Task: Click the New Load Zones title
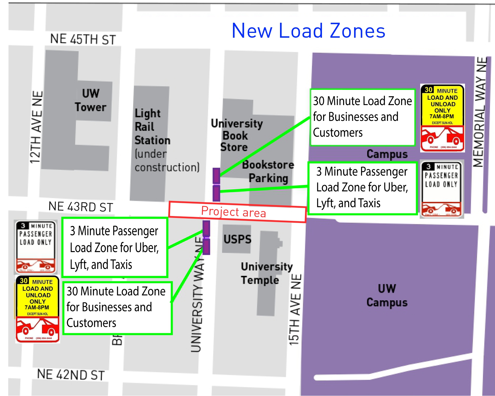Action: [308, 31]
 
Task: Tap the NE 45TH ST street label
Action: [83, 39]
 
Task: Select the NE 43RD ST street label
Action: [81, 207]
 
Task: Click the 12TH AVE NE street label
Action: [36, 127]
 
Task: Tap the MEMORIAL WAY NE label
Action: [480, 112]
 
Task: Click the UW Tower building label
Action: [91, 100]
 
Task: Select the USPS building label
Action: [237, 239]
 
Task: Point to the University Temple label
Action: [266, 273]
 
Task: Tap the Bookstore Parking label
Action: [268, 171]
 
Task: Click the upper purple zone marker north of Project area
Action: [216, 176]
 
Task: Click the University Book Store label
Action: [236, 135]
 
